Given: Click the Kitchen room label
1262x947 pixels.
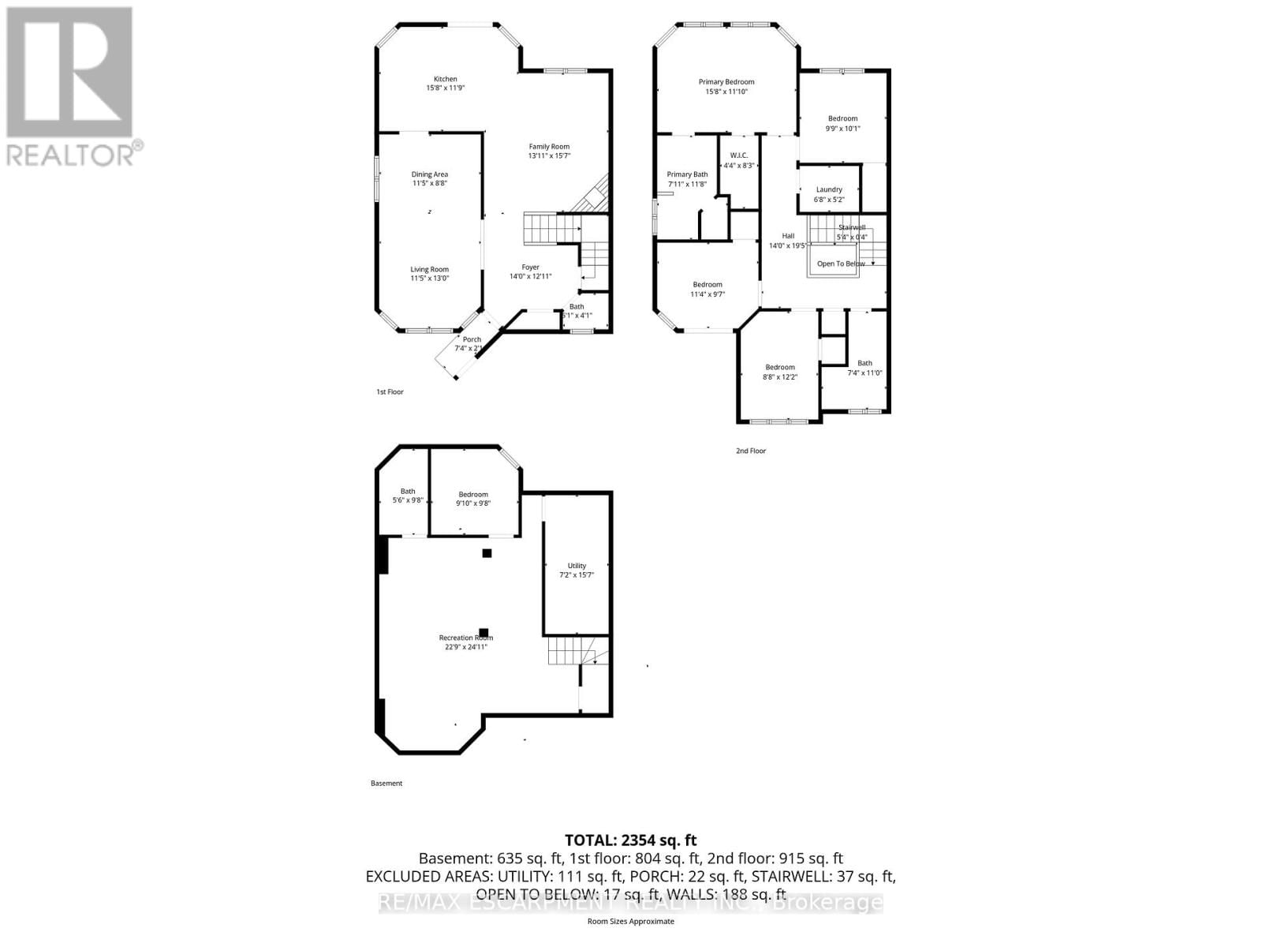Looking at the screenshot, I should (x=445, y=79).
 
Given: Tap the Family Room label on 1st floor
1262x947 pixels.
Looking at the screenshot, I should (x=549, y=147).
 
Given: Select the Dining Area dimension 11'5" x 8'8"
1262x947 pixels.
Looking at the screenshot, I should (x=430, y=183).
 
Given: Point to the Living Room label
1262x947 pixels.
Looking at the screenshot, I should (x=429, y=269).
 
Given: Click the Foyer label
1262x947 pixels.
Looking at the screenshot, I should (x=530, y=267).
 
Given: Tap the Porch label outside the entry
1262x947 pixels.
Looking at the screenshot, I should (x=472, y=339).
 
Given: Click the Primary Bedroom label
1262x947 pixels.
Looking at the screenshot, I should (x=726, y=82).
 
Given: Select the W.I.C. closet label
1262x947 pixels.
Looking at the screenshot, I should (x=738, y=155).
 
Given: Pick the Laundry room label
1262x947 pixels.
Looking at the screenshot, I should (x=829, y=189).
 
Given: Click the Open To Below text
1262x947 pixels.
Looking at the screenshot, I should (x=841, y=264).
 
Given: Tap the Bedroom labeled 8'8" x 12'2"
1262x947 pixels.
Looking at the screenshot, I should (x=780, y=372).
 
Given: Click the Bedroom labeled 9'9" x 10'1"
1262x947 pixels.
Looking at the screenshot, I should (x=842, y=123).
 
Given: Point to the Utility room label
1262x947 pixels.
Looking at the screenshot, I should (x=577, y=566).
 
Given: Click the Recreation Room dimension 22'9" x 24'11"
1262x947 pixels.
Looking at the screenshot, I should (x=465, y=647).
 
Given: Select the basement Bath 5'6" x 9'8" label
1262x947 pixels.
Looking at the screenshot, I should (x=408, y=496).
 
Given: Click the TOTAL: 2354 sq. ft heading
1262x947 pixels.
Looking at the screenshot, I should (x=630, y=840).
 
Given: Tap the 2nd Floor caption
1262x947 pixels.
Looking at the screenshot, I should (x=751, y=451).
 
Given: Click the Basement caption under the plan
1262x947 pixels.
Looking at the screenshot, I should (x=386, y=783).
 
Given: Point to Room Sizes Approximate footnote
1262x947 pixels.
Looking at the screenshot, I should (x=630, y=921).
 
